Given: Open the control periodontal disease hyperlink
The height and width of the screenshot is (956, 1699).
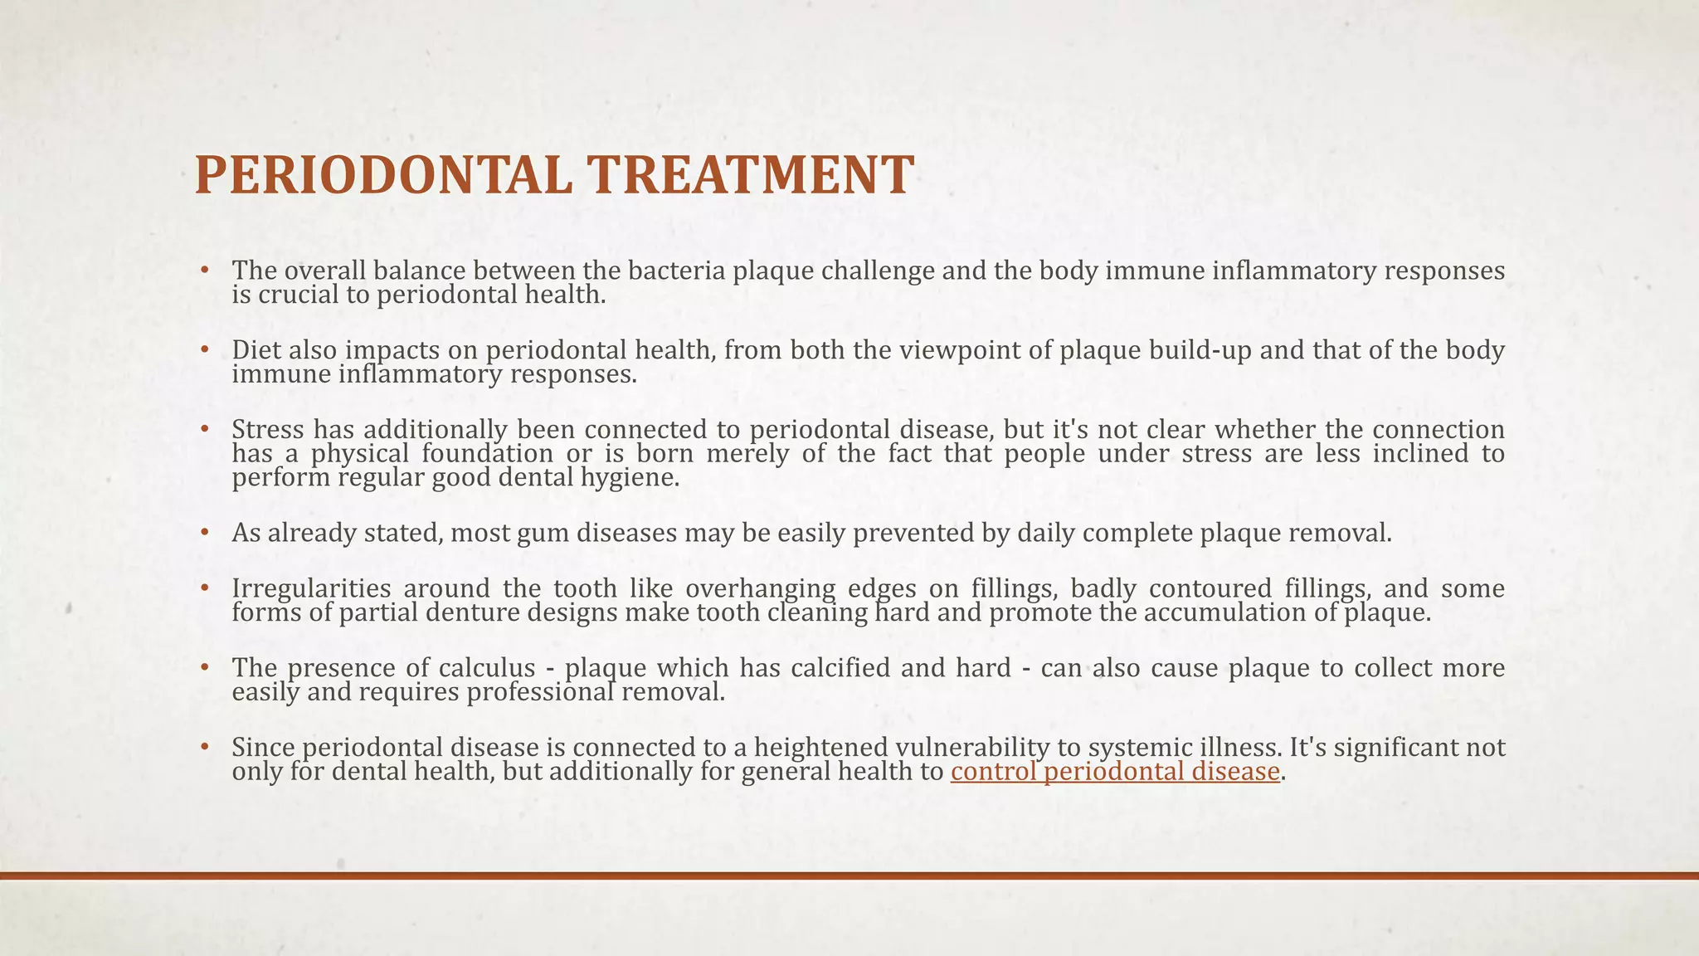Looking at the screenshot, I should (x=1115, y=772).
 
